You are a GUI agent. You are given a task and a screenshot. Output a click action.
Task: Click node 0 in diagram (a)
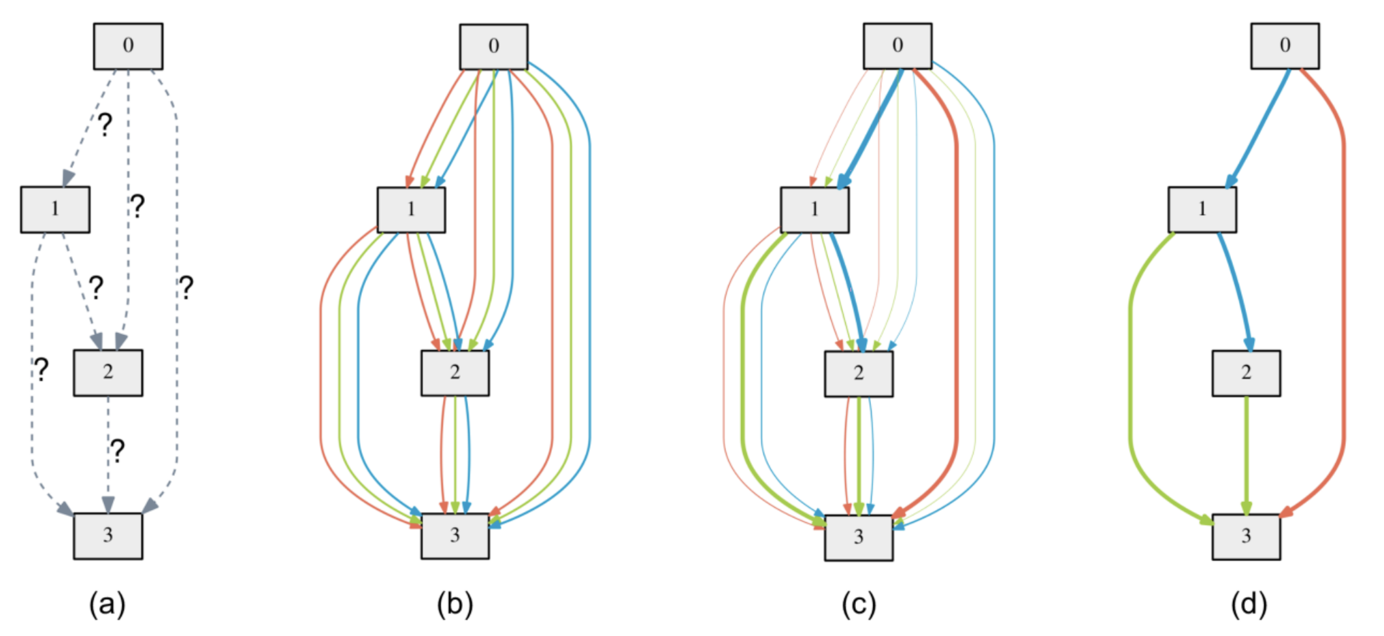[128, 46]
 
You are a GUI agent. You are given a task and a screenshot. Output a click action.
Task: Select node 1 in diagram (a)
[55, 210]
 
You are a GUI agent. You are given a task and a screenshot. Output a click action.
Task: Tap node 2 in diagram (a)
[108, 373]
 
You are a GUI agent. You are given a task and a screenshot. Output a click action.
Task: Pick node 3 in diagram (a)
[108, 536]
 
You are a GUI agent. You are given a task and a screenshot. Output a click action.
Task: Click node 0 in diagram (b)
[493, 47]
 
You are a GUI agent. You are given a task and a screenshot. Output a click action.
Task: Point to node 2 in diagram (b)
[455, 373]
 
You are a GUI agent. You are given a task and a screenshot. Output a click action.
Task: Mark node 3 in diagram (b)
[455, 536]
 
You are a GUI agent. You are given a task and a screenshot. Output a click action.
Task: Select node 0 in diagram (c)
[897, 46]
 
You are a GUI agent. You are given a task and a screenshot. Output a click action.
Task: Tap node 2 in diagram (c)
[859, 374]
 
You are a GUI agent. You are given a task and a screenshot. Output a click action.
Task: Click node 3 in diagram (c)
[859, 537]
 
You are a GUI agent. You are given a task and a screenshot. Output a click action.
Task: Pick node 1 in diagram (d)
[1202, 210]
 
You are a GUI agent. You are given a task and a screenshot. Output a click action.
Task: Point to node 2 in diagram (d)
[1246, 373]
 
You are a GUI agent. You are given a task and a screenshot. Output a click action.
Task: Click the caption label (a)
[108, 604]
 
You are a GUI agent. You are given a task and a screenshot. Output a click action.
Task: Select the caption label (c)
[859, 604]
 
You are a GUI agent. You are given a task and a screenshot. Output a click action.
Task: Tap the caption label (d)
[1249, 604]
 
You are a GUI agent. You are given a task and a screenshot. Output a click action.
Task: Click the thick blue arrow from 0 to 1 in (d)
[1257, 128]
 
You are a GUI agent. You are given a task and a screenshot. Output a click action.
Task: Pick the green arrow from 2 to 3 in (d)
[1246, 455]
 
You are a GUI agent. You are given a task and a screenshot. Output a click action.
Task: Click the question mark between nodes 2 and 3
[118, 451]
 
